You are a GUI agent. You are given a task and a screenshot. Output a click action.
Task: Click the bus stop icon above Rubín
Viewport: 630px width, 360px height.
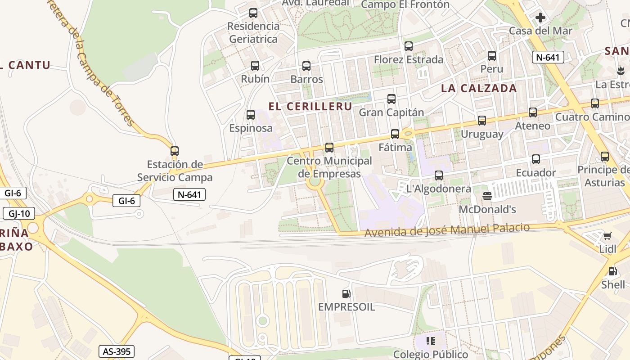[255, 66]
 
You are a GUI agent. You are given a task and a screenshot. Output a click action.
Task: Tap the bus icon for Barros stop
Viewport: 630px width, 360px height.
[306, 66]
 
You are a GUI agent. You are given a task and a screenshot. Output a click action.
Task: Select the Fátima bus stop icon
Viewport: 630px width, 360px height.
[395, 134]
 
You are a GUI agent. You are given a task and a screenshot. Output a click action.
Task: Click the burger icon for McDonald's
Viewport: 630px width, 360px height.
[487, 196]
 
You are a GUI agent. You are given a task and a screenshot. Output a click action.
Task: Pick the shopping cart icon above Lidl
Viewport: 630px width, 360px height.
[607, 236]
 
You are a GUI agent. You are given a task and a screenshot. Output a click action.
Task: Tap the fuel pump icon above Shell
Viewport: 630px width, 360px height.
[612, 271]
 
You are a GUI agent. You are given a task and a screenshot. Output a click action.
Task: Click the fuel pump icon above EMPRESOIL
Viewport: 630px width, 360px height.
[346, 294]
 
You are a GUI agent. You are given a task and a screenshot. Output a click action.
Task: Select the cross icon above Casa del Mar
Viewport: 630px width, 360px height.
[540, 18]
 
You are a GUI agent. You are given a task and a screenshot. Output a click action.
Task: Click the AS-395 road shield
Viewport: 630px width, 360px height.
[117, 351]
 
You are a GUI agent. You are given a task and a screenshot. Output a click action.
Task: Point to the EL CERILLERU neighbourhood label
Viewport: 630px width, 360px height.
[310, 107]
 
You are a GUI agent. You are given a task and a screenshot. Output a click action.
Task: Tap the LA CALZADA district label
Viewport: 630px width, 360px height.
[479, 88]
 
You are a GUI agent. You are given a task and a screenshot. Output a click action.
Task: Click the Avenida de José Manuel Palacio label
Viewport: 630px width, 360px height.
[447, 230]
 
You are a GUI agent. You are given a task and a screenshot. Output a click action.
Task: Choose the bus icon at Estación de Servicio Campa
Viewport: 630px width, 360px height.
[175, 151]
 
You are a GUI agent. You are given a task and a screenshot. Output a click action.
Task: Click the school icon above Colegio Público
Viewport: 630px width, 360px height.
[431, 341]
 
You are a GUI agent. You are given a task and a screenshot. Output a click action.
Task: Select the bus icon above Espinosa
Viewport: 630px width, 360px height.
[251, 115]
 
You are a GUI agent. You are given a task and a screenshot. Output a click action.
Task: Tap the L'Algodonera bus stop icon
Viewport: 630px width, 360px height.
[439, 175]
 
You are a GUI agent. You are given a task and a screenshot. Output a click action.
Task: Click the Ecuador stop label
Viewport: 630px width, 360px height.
[535, 173]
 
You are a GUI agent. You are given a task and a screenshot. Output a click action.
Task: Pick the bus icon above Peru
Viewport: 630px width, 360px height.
[492, 56]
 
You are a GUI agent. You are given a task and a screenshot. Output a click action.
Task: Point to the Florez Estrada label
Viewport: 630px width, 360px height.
[409, 59]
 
